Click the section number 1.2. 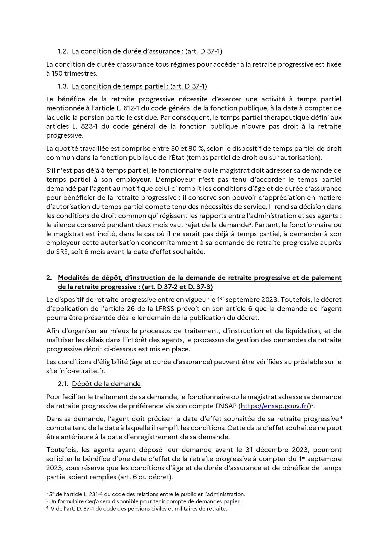point(63,51)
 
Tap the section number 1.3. point(63,86)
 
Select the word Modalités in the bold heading point(74,278)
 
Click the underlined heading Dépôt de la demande point(106,384)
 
